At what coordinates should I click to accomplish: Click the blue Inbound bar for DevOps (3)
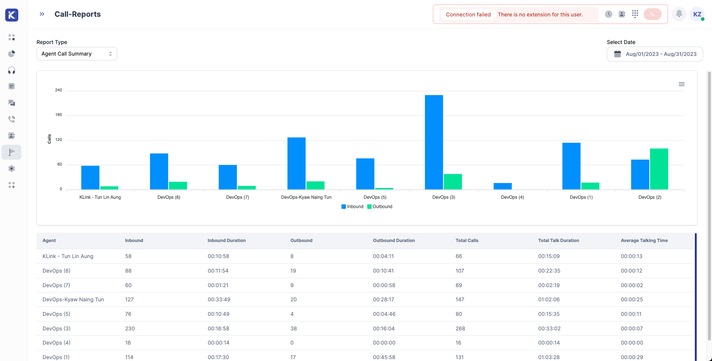pyautogui.click(x=434, y=142)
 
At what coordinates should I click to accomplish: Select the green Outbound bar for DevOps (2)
pyautogui.click(x=659, y=169)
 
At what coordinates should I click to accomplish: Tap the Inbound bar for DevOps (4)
pyautogui.click(x=503, y=186)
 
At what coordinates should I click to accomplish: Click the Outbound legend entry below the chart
pyautogui.click(x=380, y=207)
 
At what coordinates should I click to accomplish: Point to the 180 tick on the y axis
pyautogui.click(x=59, y=115)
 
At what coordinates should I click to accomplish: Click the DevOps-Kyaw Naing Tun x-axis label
pyautogui.click(x=306, y=197)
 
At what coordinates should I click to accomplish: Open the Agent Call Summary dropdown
pyautogui.click(x=77, y=54)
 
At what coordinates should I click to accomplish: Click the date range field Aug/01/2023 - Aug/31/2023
pyautogui.click(x=655, y=54)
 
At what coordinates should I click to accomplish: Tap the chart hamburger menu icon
pyautogui.click(x=681, y=84)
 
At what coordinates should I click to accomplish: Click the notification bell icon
pyautogui.click(x=679, y=14)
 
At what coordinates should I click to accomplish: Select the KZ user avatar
pyautogui.click(x=697, y=14)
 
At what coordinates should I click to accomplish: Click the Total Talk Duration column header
pyautogui.click(x=559, y=241)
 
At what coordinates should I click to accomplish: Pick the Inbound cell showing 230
pyautogui.click(x=130, y=329)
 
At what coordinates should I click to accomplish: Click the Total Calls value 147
pyautogui.click(x=460, y=299)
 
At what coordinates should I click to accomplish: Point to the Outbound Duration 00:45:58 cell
pyautogui.click(x=384, y=357)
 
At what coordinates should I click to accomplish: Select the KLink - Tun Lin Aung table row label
pyautogui.click(x=68, y=256)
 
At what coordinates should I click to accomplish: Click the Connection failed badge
pyautogui.click(x=468, y=15)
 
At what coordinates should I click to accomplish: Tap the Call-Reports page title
pyautogui.click(x=78, y=14)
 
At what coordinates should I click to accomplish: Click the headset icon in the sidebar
pyautogui.click(x=12, y=70)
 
